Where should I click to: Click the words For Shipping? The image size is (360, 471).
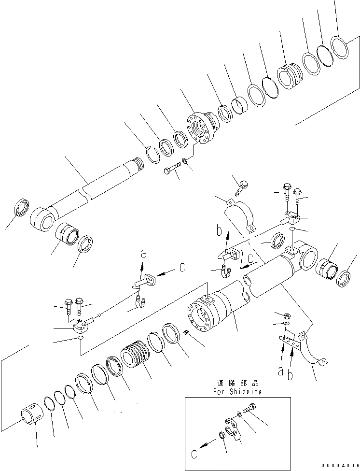(237, 392)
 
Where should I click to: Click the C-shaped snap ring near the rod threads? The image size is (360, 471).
(152, 156)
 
